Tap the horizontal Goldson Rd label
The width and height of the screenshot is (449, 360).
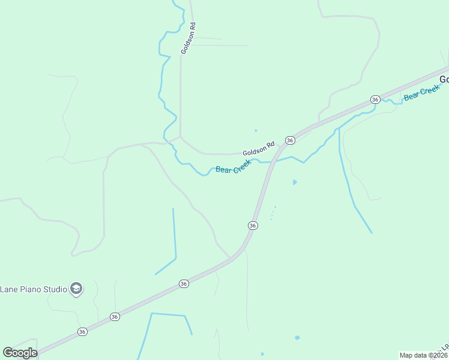coord(258,149)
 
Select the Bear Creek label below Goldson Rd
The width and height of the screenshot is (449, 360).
coord(233,167)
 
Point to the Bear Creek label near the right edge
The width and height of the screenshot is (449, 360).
coord(422,93)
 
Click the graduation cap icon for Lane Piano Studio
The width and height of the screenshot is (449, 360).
coord(76,289)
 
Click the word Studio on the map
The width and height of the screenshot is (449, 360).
coord(56,289)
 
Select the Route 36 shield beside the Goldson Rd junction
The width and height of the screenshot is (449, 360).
coord(290,140)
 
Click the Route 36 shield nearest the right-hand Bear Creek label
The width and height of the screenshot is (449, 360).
coord(375,99)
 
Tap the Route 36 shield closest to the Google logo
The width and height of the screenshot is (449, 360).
coord(82,331)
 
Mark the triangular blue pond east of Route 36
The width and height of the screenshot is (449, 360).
coord(294,182)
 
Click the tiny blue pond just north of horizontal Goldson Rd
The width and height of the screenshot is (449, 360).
coord(256,130)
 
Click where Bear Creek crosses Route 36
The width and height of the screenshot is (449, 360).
coord(270,161)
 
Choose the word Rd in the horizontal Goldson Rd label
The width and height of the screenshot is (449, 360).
coord(271,145)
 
